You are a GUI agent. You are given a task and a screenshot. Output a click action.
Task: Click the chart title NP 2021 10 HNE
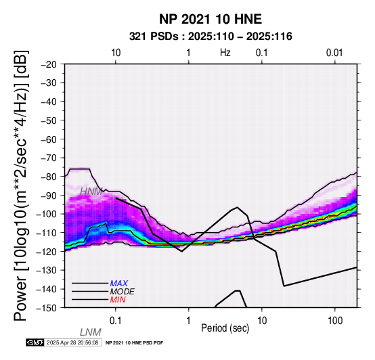(211, 19)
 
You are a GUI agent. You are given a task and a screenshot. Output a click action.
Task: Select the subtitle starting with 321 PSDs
(211, 37)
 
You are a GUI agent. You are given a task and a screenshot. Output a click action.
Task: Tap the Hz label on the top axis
(225, 53)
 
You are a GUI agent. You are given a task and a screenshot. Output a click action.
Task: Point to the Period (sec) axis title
(225, 328)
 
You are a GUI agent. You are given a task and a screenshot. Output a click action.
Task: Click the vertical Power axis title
(21, 185)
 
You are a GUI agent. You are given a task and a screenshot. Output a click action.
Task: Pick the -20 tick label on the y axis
(49, 64)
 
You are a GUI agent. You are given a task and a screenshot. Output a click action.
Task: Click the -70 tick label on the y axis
(49, 158)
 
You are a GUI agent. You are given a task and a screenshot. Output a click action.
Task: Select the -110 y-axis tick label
(47, 233)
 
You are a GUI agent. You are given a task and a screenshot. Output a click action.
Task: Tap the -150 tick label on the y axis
(47, 308)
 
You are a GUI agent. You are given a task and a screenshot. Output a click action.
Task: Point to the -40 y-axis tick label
(49, 102)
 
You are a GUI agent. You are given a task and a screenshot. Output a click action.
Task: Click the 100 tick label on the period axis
(335, 321)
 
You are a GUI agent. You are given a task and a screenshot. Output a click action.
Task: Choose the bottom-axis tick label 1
(189, 321)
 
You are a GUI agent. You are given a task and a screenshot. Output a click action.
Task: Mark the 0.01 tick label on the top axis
(334, 53)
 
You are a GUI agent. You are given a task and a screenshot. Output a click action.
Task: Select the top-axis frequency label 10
(116, 53)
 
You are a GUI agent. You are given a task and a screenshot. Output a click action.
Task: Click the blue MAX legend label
(119, 284)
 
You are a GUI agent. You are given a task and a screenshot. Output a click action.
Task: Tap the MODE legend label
(123, 292)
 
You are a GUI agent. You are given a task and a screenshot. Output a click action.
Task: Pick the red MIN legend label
(118, 300)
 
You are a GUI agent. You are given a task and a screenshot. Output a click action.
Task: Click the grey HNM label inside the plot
(91, 192)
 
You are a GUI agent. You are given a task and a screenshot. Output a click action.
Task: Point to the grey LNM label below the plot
(91, 332)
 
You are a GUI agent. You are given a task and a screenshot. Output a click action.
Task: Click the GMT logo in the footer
(35, 342)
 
